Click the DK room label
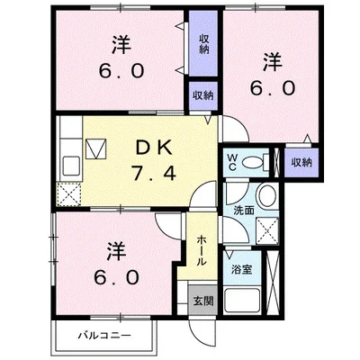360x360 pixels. coord(154,148)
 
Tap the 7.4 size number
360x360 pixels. coord(154,174)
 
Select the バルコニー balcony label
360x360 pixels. coord(104,335)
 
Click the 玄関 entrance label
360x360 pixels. coord(203,301)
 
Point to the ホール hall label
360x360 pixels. coord(202,250)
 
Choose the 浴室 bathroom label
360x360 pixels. coord(241,270)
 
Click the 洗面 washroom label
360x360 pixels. coord(244,211)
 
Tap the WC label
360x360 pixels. coord(233,162)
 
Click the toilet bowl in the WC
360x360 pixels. coord(254,163)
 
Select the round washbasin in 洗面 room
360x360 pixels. coord(269,196)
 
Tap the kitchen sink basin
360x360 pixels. coord(72,167)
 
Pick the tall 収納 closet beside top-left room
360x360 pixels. coord(203,43)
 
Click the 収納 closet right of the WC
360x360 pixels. coord(301,163)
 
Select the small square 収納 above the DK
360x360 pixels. coord(202,95)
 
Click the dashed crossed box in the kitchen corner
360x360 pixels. coord(69,195)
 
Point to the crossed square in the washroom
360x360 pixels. coord(267,229)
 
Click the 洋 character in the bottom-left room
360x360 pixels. coord(117,251)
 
